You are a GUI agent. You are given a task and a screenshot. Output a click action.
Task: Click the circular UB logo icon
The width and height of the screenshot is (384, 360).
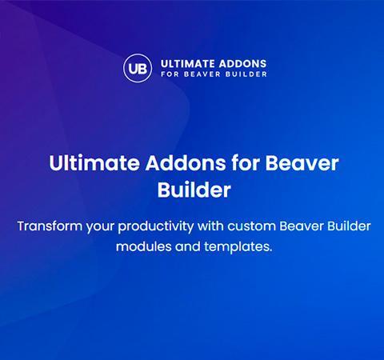(138, 68)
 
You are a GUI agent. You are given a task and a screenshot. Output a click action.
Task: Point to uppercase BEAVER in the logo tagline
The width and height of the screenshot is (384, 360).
(202, 74)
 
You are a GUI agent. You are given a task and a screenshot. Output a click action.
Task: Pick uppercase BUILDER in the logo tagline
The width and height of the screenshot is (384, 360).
(246, 74)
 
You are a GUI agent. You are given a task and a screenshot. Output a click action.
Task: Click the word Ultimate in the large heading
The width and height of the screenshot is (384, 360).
(94, 162)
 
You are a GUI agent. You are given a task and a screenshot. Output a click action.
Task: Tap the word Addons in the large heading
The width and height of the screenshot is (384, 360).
(186, 162)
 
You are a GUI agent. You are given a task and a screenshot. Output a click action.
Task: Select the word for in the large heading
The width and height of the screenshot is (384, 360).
(246, 162)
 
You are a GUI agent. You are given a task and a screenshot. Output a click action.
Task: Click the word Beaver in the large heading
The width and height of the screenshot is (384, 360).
(302, 162)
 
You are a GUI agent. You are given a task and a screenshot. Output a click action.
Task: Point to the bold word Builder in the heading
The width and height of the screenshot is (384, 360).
(194, 190)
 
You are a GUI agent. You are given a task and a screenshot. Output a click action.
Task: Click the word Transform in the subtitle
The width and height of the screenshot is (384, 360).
(50, 226)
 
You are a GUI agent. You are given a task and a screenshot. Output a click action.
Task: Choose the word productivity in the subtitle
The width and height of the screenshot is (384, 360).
(156, 227)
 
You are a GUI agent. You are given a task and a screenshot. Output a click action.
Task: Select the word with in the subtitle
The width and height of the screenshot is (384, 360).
(210, 226)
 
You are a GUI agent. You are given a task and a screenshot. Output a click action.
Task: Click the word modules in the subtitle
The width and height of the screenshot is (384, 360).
(143, 246)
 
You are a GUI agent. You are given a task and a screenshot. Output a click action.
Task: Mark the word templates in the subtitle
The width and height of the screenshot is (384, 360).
(238, 247)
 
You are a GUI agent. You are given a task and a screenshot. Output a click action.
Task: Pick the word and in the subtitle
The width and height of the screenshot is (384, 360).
(188, 246)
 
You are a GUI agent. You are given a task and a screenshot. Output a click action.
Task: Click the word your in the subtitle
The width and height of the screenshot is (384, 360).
(100, 227)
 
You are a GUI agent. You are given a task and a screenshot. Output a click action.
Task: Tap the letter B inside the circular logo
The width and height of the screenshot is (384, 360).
(142, 69)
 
